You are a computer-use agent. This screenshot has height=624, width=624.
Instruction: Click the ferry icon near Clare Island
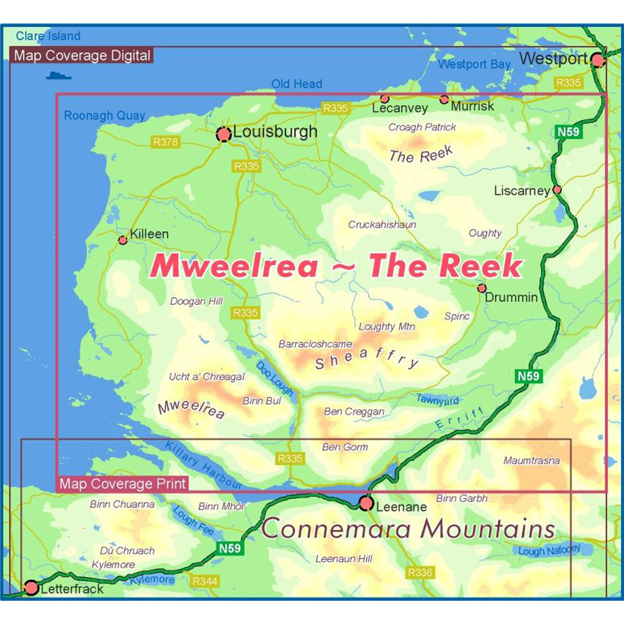pos(58,76)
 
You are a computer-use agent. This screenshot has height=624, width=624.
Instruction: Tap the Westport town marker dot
pos(597,60)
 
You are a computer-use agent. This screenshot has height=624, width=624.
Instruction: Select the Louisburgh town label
pos(275,132)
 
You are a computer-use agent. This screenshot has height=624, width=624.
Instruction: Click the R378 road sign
pos(166,142)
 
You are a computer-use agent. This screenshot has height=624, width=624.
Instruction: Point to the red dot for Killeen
pos(123,240)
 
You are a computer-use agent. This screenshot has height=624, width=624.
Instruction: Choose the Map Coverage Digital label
pos(82,56)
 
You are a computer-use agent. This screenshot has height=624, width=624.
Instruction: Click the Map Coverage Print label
pos(122,484)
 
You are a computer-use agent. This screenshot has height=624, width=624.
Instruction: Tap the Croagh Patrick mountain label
pos(422,127)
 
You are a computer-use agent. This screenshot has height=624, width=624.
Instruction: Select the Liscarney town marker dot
pos(557,190)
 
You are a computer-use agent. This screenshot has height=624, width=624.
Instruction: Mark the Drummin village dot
pos(482,288)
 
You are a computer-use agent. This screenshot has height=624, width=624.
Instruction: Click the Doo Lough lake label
pos(274,378)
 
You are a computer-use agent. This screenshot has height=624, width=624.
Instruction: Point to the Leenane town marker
pos(366,503)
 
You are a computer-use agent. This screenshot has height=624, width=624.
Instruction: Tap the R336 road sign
pos(420,573)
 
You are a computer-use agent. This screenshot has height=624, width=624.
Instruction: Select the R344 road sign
pos(205,581)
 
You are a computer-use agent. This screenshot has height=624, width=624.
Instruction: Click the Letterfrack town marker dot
pos(32,587)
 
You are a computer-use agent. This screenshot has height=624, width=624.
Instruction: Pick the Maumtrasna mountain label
pos(531,461)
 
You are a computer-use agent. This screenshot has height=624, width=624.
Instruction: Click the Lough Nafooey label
pos(549,550)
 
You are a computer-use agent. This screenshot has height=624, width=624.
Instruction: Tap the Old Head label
pos(297,84)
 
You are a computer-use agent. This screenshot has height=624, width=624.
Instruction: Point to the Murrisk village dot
pos(444,100)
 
